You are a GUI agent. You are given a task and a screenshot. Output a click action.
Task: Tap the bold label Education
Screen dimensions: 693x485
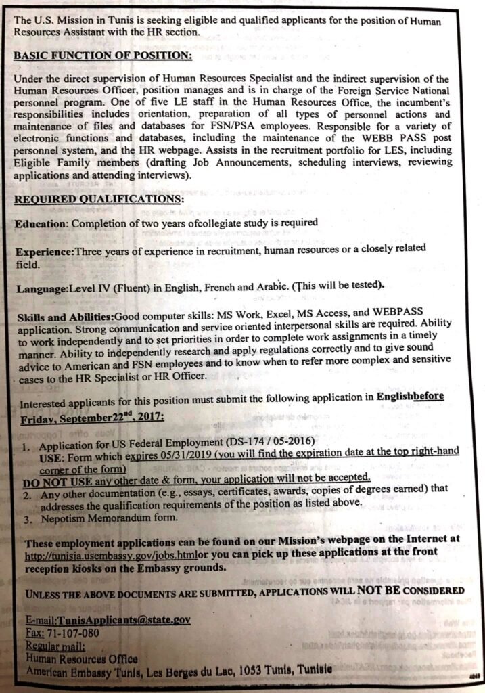[x=41, y=223]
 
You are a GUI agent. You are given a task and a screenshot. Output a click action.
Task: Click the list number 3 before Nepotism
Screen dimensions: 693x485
[x=27, y=519]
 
